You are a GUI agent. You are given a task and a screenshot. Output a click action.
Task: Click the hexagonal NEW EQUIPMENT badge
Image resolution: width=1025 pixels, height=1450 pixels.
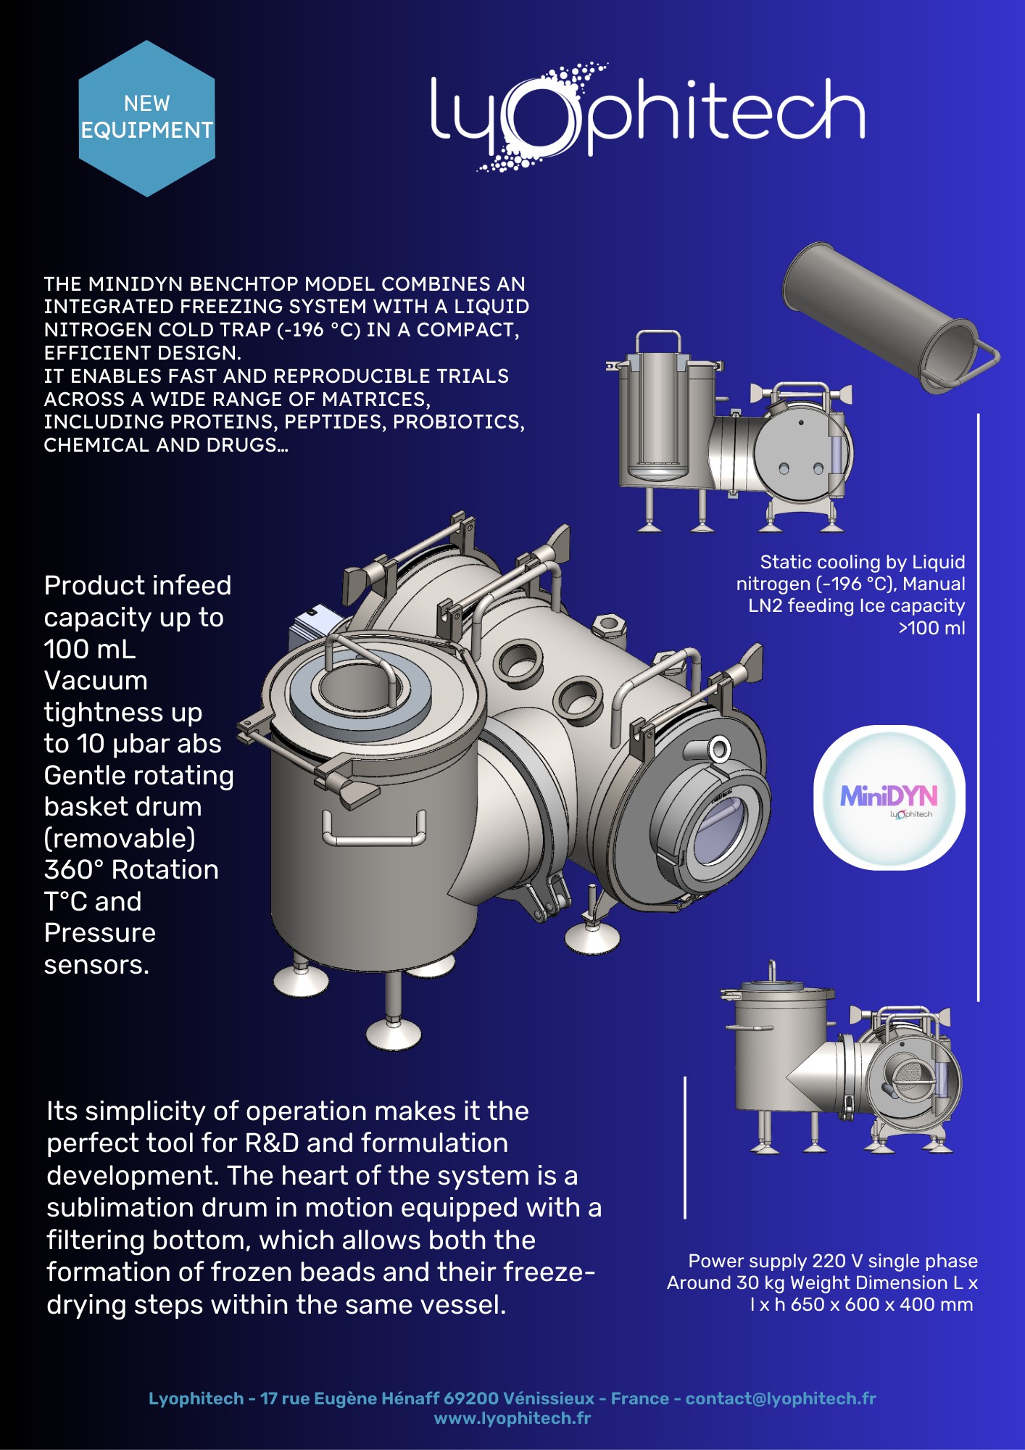pyautogui.click(x=147, y=118)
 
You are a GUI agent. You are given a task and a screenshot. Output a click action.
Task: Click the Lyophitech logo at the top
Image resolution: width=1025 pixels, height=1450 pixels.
pyautogui.click(x=647, y=117)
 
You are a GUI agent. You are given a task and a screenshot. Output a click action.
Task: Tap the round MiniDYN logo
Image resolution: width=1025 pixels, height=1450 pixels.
pyautogui.click(x=889, y=797)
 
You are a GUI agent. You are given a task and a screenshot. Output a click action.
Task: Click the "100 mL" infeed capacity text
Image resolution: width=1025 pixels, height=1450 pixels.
pyautogui.click(x=90, y=649)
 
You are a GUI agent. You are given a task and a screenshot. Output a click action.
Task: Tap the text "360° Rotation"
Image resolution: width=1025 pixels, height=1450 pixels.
pyautogui.click(x=131, y=869)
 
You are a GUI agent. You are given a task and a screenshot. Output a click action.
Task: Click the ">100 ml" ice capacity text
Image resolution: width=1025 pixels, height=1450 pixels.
pyautogui.click(x=931, y=628)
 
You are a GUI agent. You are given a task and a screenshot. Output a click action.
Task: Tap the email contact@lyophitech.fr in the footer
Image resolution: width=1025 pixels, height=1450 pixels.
pyautogui.click(x=781, y=1399)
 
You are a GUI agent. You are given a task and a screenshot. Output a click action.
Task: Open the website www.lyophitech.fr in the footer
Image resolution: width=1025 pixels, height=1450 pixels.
pyautogui.click(x=512, y=1418)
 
